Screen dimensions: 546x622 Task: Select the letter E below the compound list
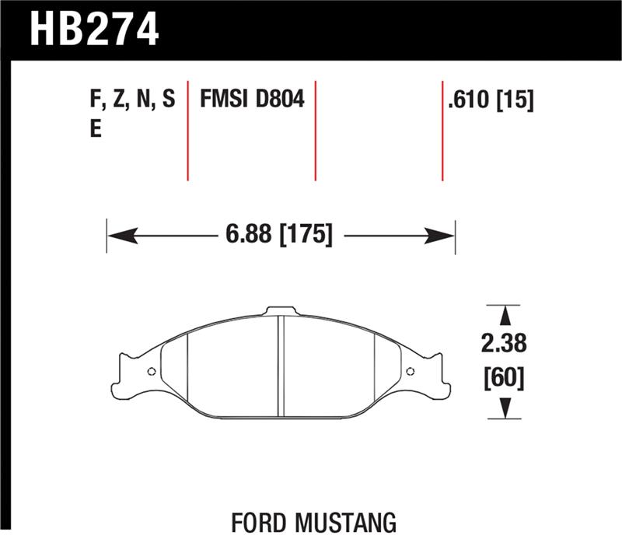coord(96,129)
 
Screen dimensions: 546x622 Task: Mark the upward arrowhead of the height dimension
coord(505,314)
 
